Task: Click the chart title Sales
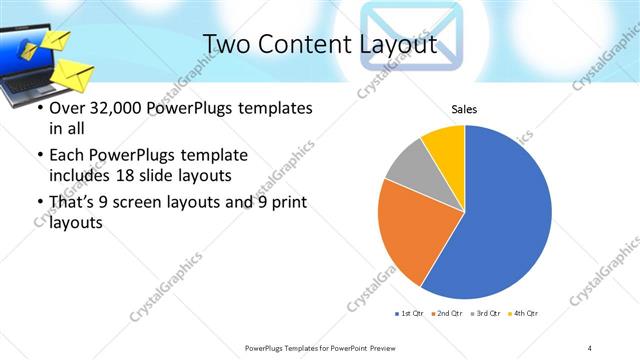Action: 464,109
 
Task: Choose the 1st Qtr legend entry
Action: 411,313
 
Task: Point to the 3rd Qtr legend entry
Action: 487,313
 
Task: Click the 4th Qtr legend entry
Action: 525,313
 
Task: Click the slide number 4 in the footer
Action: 591,347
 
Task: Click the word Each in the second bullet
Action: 66,156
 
